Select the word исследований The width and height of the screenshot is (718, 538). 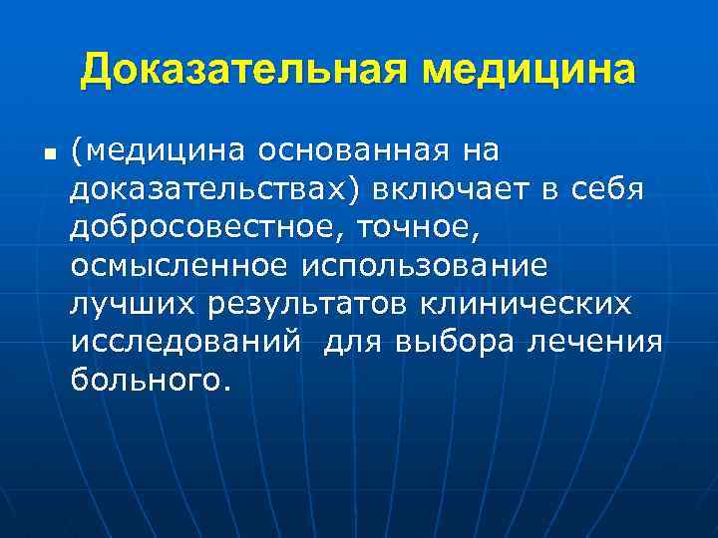(x=184, y=342)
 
